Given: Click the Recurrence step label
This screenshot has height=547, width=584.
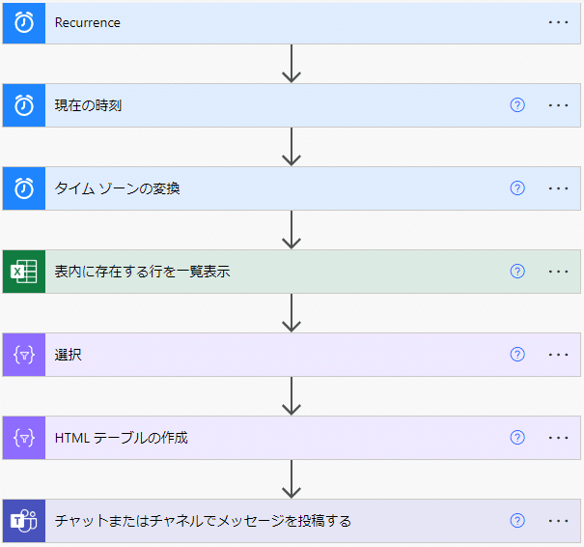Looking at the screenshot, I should (x=88, y=22).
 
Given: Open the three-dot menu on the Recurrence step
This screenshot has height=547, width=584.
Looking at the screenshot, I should (x=558, y=22).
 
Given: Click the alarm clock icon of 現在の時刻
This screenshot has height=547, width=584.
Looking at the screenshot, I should (x=23, y=105).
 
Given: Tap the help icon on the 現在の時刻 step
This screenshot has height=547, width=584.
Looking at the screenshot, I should (x=517, y=105).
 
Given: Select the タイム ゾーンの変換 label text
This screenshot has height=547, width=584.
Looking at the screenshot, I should (x=117, y=188).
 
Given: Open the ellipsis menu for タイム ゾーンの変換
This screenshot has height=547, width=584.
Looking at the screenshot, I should (x=558, y=188).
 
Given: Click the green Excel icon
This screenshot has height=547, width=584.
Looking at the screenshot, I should (x=23, y=272).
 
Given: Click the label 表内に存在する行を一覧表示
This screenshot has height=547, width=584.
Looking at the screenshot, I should (x=142, y=272).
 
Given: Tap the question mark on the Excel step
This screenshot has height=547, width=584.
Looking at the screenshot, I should (x=517, y=272).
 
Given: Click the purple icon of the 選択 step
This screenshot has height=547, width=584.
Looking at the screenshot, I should (x=23, y=355).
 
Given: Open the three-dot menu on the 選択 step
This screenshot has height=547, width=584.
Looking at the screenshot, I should (x=558, y=355).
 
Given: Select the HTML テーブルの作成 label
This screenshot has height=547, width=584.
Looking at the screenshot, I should (x=121, y=438).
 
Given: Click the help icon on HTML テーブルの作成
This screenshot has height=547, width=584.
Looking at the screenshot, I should (x=517, y=438).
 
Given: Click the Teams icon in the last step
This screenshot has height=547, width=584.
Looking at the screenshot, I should (x=23, y=521).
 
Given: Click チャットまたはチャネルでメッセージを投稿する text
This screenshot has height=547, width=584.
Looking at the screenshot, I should (x=203, y=521).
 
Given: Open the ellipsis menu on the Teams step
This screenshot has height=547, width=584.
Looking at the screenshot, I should (x=558, y=521).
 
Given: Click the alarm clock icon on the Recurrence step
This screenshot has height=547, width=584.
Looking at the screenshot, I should (x=23, y=22).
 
